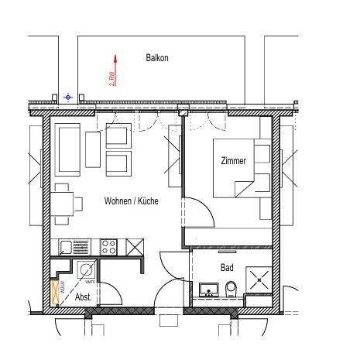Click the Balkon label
click(157, 58)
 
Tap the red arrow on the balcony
click(114, 70)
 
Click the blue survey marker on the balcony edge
click(68, 97)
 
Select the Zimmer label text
click(232, 162)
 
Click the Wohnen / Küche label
click(132, 201)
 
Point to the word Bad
click(227, 267)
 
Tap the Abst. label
click(83, 297)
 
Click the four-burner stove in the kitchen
click(108, 247)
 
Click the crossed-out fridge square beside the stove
click(134, 247)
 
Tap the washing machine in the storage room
click(84, 270)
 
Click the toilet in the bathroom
click(231, 290)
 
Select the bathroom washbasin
click(207, 290)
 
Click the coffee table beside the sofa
click(93, 149)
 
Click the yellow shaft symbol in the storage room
click(54, 292)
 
